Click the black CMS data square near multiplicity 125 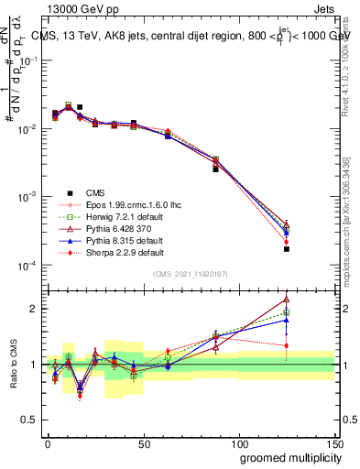coord(287,248)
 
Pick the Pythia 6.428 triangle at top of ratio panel coord(287,298)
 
